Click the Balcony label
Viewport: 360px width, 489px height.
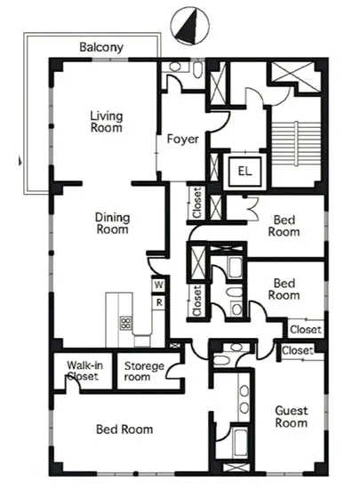click(101, 47)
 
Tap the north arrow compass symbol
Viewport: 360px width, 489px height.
click(190, 26)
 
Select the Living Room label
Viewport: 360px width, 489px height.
click(107, 122)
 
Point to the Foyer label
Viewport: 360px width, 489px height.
click(182, 139)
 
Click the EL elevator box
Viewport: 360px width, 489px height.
click(245, 171)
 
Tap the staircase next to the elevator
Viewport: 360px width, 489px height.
click(296, 143)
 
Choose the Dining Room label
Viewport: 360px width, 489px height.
click(112, 223)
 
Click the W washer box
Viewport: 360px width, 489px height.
click(158, 285)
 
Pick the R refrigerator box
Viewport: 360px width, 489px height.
click(159, 302)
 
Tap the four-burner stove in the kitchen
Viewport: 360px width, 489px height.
click(126, 323)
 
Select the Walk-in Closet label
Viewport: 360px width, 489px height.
click(84, 371)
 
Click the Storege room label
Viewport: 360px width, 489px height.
click(144, 371)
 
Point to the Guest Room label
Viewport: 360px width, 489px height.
click(292, 417)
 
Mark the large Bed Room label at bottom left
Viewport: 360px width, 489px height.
click(124, 429)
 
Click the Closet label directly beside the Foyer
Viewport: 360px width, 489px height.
click(197, 203)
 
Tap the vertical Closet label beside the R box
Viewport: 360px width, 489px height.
click(197, 301)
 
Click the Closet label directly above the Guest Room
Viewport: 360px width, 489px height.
click(298, 350)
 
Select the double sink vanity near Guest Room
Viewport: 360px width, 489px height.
click(244, 399)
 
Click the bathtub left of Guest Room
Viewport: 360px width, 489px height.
click(240, 443)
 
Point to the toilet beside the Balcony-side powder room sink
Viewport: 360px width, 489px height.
click(197, 69)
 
